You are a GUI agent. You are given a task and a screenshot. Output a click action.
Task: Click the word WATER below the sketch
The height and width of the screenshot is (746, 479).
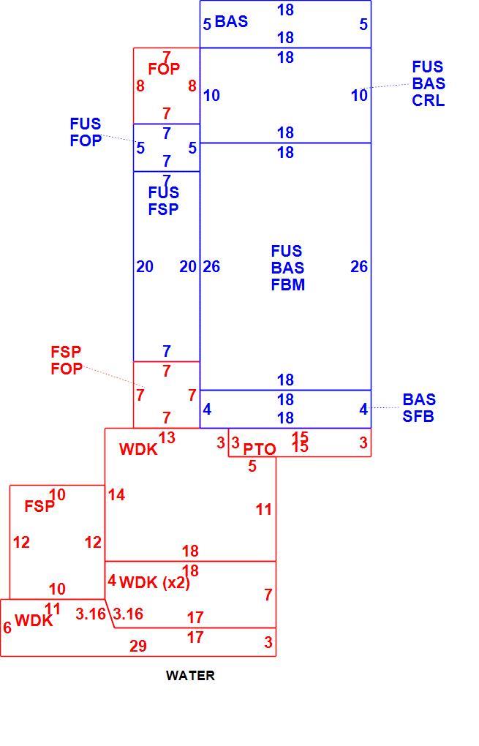(x=190, y=675)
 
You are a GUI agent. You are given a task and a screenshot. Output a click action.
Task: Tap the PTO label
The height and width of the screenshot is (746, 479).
(x=259, y=449)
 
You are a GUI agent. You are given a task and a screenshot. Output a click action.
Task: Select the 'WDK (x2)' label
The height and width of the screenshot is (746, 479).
(x=154, y=582)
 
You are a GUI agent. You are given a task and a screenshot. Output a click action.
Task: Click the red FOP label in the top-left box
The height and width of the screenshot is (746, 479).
(x=164, y=69)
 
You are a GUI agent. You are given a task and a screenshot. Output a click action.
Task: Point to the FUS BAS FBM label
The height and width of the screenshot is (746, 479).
(x=288, y=268)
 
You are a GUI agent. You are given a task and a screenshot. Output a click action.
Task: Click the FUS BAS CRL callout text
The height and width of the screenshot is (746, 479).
(x=428, y=83)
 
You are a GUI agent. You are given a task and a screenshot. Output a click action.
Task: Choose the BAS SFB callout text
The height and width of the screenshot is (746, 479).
(x=419, y=407)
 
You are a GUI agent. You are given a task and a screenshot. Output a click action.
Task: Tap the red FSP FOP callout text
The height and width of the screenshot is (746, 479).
(x=66, y=360)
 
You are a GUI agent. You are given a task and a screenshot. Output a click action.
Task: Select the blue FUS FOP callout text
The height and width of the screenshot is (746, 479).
(x=86, y=132)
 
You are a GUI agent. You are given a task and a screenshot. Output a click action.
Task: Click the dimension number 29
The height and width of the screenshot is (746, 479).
(x=138, y=646)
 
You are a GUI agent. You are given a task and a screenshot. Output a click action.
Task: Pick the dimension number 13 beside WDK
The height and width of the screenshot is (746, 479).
(x=167, y=437)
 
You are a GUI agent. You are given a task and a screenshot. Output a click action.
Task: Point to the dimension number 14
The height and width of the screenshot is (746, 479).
(x=116, y=495)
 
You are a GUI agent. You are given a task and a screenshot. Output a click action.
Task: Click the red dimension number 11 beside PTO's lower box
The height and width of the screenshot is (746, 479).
(x=263, y=510)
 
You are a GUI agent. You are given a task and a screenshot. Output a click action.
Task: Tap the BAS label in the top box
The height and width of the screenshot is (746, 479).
(x=231, y=21)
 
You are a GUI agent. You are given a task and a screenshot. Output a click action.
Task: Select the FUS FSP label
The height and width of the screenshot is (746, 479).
(x=164, y=201)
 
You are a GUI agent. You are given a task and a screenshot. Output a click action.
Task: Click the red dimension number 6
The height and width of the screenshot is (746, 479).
(x=7, y=628)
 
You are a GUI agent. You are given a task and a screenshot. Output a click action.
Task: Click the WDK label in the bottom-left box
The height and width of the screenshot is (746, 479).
(x=34, y=620)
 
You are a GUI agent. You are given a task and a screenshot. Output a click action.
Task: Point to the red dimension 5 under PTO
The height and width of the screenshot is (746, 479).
(x=252, y=467)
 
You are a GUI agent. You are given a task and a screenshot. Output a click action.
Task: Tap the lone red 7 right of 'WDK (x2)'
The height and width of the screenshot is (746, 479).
(x=268, y=595)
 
